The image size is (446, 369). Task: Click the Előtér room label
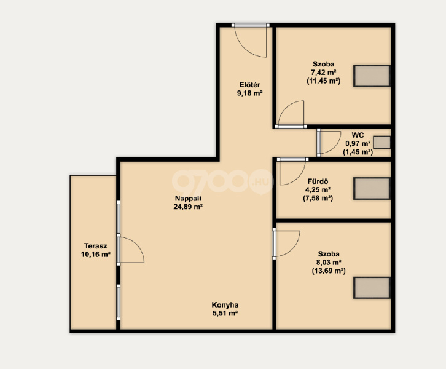tap(250, 85)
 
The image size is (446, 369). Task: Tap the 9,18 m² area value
tap(249, 93)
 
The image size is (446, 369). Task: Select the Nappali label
tap(188, 198)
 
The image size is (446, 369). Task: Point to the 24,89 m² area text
tap(188, 207)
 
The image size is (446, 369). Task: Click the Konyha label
tap(225, 305)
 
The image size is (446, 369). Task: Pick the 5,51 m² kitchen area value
tap(225, 314)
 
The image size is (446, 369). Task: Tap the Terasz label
tap(96, 246)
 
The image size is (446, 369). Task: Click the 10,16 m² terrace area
tap(96, 254)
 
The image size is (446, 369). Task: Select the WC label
tap(358, 135)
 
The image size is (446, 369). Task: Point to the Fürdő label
tap(318, 181)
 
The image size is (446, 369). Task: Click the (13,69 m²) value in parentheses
tap(329, 271)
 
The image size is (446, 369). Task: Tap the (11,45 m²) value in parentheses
tap(324, 81)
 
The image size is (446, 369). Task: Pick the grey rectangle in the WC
tap(381, 142)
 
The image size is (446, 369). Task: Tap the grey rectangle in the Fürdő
tap(372, 188)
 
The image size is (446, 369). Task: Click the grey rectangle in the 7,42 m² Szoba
tap(372, 76)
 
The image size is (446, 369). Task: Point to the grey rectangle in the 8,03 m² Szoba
tap(372, 288)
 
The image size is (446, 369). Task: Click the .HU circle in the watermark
tap(261, 181)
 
